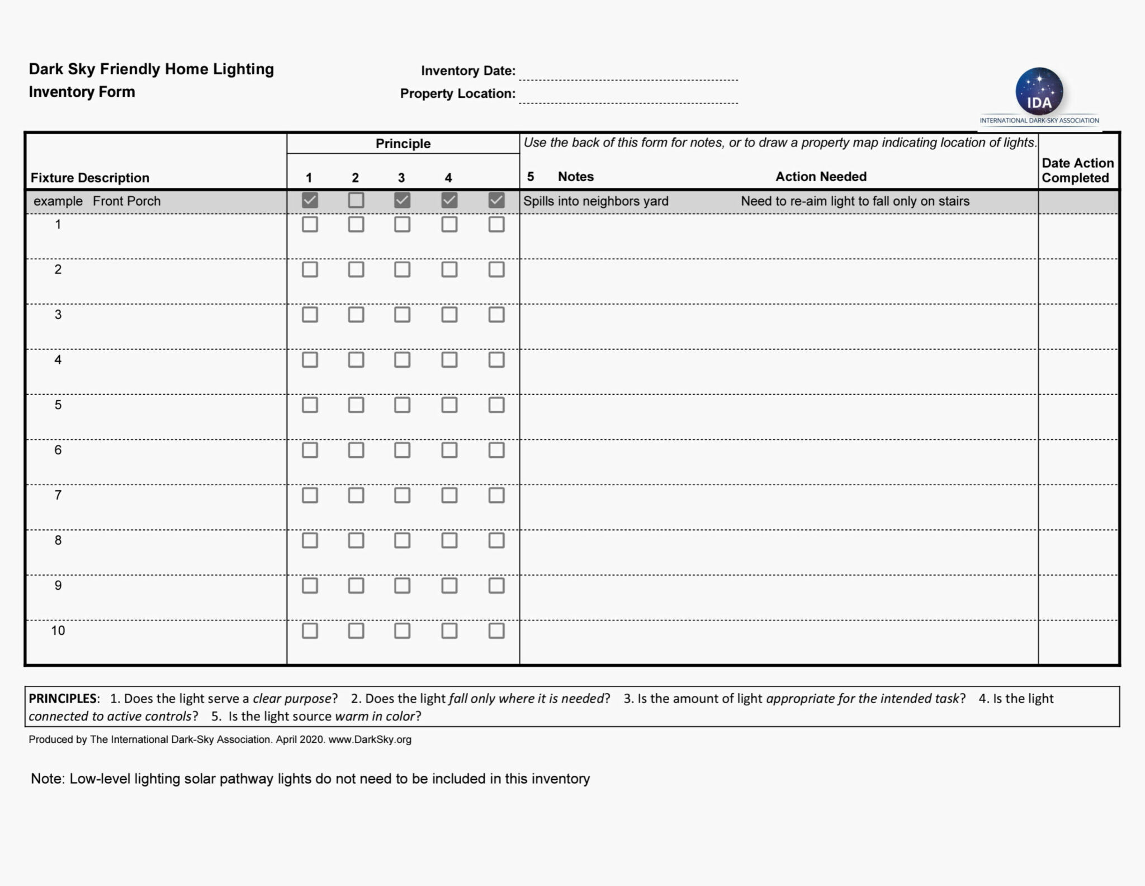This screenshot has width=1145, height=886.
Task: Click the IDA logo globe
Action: [1039, 92]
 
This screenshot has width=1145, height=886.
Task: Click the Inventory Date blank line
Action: [628, 73]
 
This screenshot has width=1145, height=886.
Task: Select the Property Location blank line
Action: [628, 96]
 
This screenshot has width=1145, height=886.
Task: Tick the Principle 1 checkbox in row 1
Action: [310, 225]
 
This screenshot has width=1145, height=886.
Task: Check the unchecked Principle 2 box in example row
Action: [356, 200]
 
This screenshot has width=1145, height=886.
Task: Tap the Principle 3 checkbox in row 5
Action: [402, 405]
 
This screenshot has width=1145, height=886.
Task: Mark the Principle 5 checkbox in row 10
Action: [496, 631]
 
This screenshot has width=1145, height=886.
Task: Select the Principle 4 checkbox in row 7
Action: [449, 495]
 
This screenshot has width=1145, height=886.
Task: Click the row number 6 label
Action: [58, 450]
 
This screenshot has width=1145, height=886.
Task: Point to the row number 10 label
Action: [58, 631]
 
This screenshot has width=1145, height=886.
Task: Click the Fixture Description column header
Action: [90, 178]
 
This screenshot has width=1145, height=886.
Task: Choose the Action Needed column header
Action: [821, 177]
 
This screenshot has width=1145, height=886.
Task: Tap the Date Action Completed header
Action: [1077, 170]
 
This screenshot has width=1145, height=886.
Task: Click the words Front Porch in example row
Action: [126, 201]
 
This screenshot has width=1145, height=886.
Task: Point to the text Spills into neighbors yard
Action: [595, 201]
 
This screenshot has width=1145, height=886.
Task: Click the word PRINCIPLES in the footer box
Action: [63, 699]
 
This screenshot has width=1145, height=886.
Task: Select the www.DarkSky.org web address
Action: [370, 740]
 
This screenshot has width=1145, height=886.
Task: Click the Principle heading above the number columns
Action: [403, 144]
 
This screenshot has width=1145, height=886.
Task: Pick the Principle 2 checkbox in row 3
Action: [356, 315]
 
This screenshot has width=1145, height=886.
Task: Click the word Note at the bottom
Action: [47, 779]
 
